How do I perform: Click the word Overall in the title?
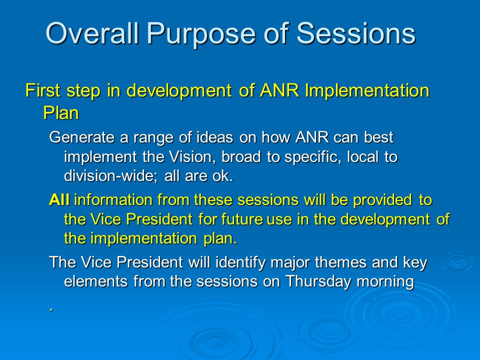pos(92,33)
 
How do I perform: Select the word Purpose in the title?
pos(200,35)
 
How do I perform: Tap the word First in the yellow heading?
pos(42,90)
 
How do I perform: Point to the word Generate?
pos(81,137)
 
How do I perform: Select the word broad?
pos(241,157)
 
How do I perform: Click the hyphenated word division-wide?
pos(110,176)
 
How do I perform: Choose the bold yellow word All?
pos(59,200)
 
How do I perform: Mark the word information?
pos(113,200)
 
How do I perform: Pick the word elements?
pos(95,281)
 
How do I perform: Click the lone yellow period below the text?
pos(51,310)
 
